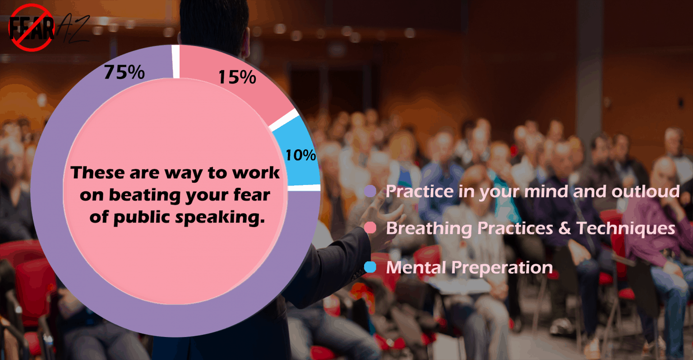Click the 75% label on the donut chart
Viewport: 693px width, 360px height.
coord(125,72)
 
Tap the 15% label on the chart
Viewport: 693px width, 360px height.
coord(237,77)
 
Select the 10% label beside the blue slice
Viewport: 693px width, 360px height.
coord(300,155)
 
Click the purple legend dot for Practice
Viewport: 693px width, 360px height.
coord(370,191)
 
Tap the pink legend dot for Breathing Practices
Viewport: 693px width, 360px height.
coord(370,228)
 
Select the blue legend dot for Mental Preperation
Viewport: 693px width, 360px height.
coord(370,268)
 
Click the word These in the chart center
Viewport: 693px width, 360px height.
coord(97,173)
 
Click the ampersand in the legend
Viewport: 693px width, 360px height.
coord(564,228)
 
